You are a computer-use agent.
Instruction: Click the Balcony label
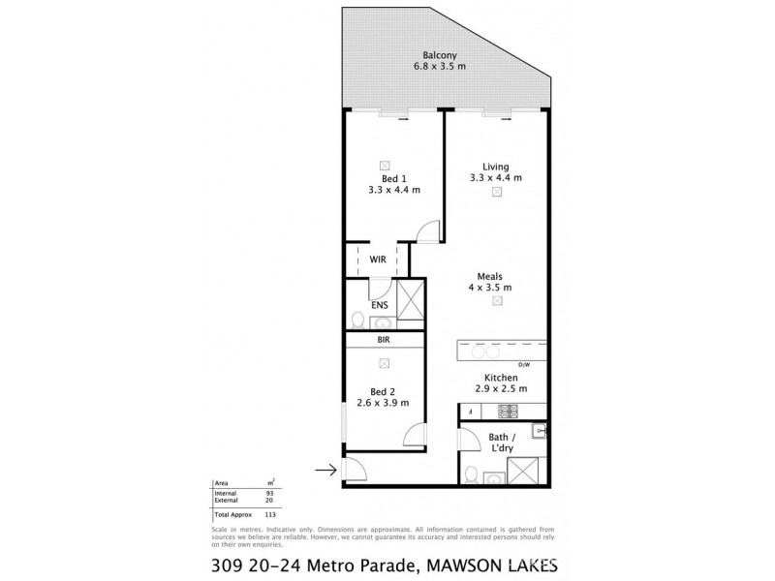point(441,54)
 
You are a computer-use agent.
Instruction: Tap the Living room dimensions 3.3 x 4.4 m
point(496,177)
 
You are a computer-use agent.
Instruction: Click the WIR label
point(378,260)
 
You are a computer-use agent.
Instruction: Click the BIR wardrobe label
point(386,341)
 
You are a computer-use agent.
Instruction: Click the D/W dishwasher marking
point(526,364)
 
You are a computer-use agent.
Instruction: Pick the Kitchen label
point(501,378)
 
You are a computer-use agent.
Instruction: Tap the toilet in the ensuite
point(356,320)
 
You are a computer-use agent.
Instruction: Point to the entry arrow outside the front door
point(325,471)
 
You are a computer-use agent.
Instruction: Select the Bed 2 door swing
point(415,433)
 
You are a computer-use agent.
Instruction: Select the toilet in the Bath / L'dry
point(470,474)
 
